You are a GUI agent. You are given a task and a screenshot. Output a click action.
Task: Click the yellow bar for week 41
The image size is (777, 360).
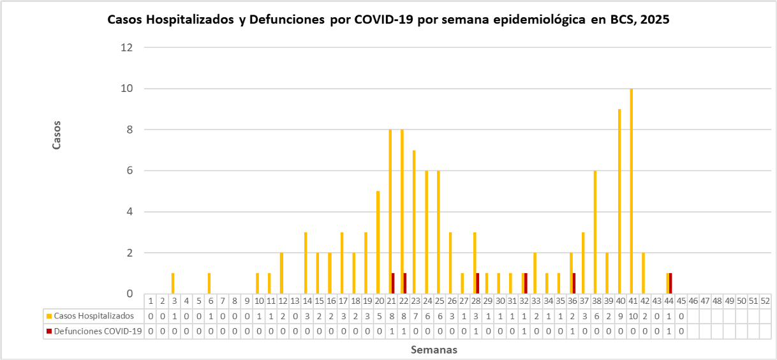[632, 191]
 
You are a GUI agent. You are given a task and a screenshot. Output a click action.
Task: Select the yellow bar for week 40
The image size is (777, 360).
[619, 202]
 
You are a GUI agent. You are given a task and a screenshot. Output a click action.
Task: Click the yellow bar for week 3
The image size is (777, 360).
[173, 283]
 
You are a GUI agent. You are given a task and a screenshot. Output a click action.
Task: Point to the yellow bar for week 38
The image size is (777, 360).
[595, 232]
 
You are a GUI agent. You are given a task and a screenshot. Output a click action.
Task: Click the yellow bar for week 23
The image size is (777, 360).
[414, 222]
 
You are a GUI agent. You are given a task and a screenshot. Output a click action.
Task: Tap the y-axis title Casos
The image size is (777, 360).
[56, 135]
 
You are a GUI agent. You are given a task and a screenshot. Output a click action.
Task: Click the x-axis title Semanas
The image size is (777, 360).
[434, 350]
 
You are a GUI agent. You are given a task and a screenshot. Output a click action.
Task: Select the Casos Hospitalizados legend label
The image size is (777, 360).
[94, 315]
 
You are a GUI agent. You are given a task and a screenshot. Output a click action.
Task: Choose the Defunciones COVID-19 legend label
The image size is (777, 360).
[97, 331]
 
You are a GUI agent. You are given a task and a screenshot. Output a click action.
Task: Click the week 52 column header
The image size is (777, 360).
[766, 301]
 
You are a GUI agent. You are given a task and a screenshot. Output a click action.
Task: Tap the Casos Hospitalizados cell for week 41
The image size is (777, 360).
[632, 315]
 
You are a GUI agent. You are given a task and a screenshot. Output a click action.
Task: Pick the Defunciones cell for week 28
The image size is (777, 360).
[475, 331]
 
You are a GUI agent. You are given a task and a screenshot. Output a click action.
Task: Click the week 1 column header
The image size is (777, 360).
[151, 301]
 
